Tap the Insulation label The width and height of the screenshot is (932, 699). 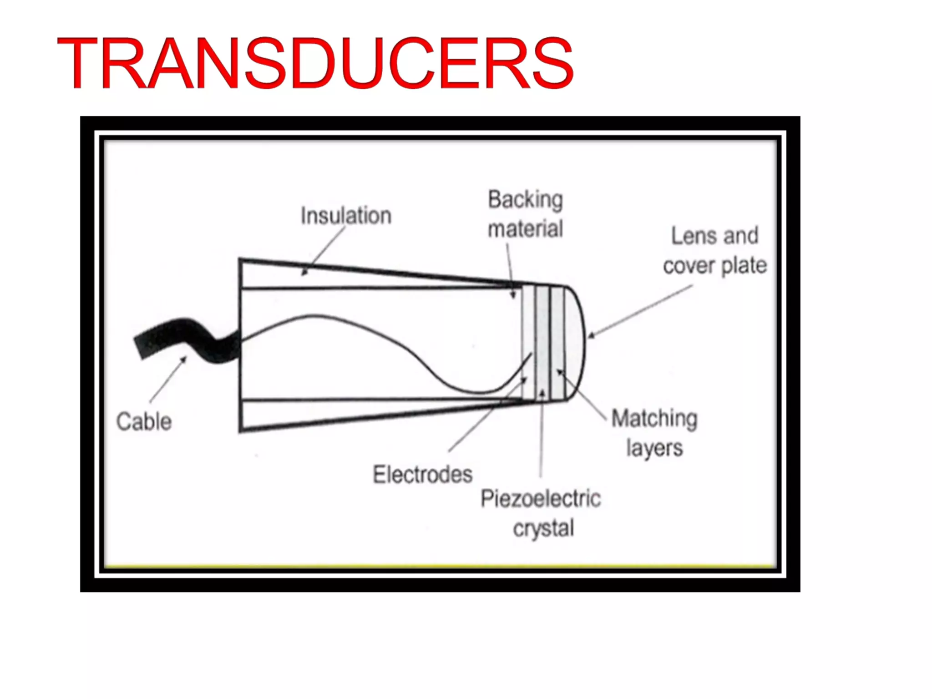point(346,216)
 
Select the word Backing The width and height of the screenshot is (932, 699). point(525,200)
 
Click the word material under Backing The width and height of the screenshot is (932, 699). point(525,228)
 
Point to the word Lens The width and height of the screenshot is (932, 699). point(692,236)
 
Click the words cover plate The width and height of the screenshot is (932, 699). point(714,266)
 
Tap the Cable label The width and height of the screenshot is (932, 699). point(144,421)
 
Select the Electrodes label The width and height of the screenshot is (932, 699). point(423,474)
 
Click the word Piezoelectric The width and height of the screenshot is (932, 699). point(541,499)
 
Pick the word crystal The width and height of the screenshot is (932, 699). point(543,528)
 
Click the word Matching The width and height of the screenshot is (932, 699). point(654,419)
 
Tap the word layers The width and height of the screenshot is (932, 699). point(654,448)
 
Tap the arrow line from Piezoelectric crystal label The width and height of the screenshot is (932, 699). point(542,432)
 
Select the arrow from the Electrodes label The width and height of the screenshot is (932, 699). point(487,414)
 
